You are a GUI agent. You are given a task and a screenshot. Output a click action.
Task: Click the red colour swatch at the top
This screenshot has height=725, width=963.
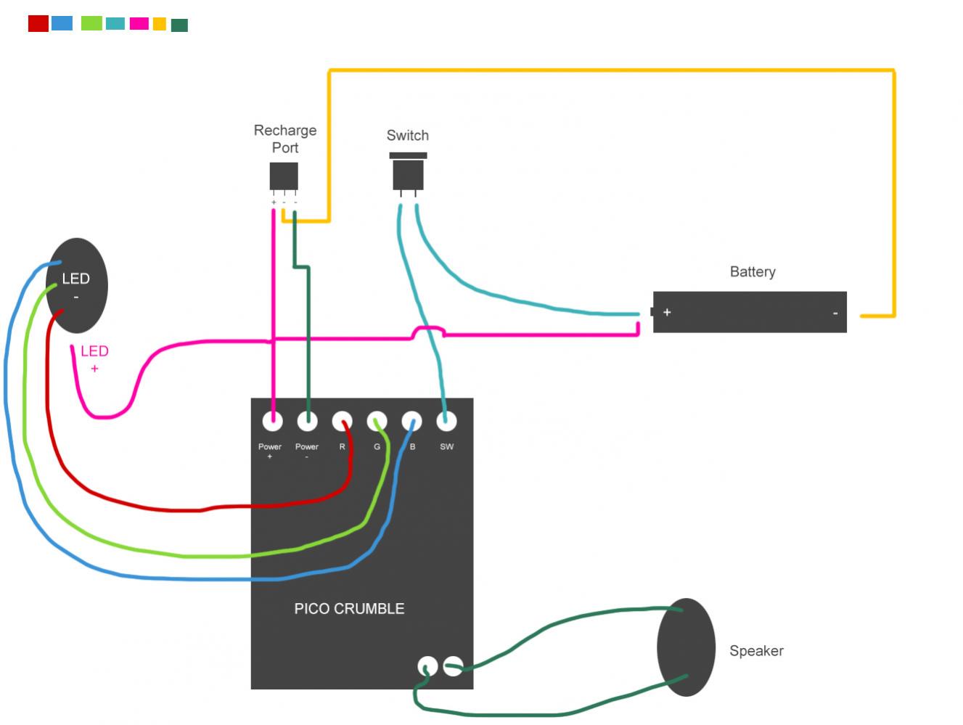click(38, 23)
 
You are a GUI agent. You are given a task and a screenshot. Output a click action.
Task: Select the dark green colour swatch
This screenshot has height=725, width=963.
click(179, 25)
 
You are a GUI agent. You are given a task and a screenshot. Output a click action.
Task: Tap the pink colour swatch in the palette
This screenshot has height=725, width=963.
click(139, 23)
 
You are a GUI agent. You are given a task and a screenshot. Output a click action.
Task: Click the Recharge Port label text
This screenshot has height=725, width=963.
click(284, 139)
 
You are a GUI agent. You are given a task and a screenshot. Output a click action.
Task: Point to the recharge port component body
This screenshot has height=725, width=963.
click(284, 176)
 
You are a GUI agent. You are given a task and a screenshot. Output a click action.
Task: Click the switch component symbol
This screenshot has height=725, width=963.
click(408, 173)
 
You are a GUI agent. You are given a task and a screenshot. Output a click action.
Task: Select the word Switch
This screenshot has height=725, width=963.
click(407, 136)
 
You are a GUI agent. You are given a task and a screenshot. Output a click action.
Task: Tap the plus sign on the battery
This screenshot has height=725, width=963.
click(667, 312)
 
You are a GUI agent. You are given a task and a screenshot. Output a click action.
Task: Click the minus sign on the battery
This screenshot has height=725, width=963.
click(835, 313)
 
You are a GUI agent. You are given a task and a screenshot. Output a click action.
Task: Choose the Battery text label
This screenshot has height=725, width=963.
click(753, 271)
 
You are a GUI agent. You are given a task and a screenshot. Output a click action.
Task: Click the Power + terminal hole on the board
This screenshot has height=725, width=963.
click(272, 421)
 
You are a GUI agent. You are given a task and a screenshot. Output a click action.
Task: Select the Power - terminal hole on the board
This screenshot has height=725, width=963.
click(307, 421)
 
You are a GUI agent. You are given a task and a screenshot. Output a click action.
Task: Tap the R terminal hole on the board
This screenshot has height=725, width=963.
click(342, 421)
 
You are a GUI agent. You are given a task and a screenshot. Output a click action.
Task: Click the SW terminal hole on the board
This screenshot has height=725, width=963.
click(446, 421)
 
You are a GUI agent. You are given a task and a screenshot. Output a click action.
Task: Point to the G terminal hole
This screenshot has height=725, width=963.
click(377, 421)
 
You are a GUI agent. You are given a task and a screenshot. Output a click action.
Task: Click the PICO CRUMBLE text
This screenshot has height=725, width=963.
click(349, 609)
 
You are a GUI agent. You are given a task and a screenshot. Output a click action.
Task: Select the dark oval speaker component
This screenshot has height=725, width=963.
click(685, 647)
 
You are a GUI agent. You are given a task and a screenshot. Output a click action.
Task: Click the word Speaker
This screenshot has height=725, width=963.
click(756, 651)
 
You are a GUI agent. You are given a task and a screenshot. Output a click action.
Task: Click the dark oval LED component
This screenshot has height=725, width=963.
click(77, 285)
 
